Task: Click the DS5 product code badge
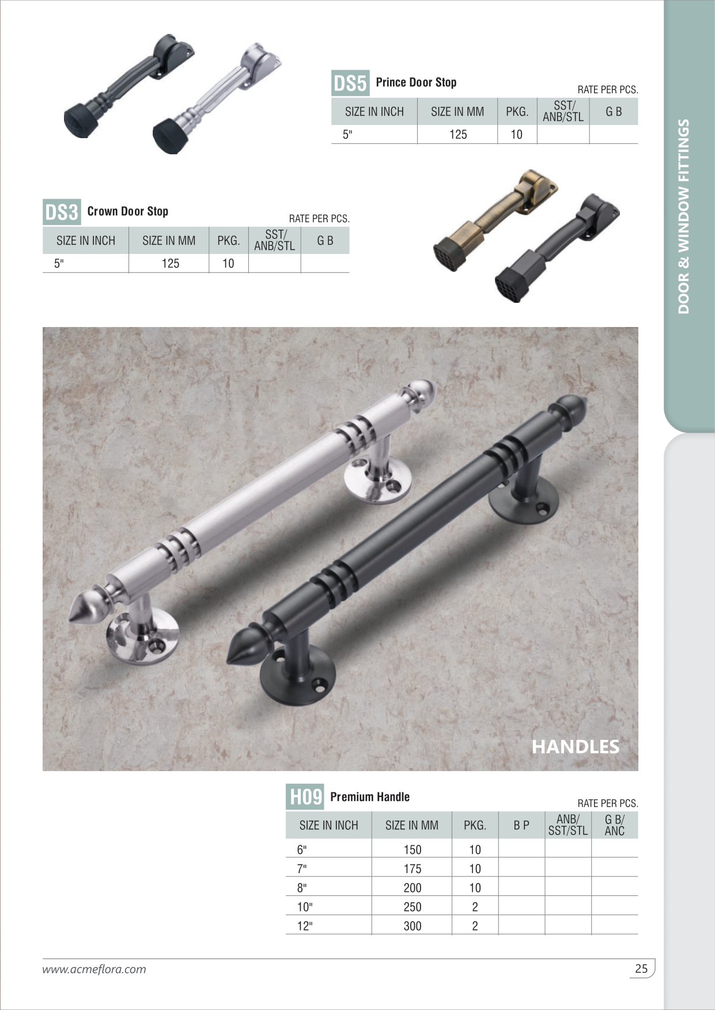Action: click(350, 83)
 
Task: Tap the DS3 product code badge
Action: click(62, 212)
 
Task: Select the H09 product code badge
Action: click(305, 797)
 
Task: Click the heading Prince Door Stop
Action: click(416, 82)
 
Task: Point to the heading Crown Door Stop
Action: click(128, 211)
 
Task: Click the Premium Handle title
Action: click(370, 797)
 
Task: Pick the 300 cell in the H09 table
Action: click(413, 926)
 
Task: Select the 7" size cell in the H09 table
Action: click(302, 868)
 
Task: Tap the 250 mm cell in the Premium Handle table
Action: click(413, 907)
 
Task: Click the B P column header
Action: click(521, 825)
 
